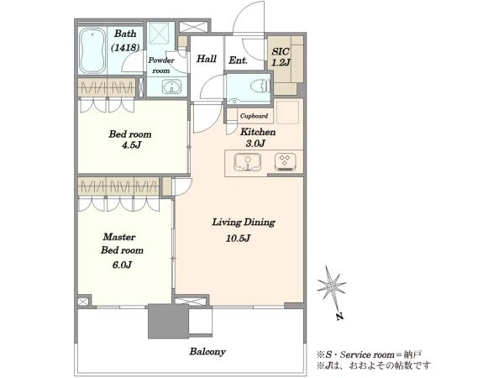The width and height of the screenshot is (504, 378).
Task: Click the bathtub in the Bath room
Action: pyautogui.click(x=92, y=50)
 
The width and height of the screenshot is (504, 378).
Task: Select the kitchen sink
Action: pyautogui.click(x=247, y=161)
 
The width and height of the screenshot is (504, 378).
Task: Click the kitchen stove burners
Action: pyautogui.click(x=285, y=161)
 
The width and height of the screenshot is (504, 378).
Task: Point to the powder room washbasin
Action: pyautogui.click(x=171, y=87)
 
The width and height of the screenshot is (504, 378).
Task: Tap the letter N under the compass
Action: pyautogui.click(x=339, y=317)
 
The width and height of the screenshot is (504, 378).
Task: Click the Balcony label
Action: pyautogui.click(x=207, y=352)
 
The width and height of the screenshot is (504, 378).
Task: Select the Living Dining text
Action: pyautogui.click(x=244, y=223)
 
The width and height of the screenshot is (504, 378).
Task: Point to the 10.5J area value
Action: pyautogui.click(x=238, y=239)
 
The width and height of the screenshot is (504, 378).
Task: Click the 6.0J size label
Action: pyautogui.click(x=123, y=265)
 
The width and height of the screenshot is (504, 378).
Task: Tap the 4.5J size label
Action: pyautogui.click(x=132, y=145)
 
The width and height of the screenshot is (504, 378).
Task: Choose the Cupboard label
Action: pyautogui.click(x=254, y=116)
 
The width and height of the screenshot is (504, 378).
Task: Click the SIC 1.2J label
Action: pyautogui.click(x=281, y=57)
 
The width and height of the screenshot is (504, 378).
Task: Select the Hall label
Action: pyautogui.click(x=207, y=59)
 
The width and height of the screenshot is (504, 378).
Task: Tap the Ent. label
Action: pyautogui.click(x=238, y=60)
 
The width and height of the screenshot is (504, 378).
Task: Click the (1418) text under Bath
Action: pyautogui.click(x=125, y=48)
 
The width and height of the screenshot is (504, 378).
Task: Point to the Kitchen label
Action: pyautogui.click(x=258, y=132)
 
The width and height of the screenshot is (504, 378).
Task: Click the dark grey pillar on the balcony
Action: pyautogui.click(x=168, y=321)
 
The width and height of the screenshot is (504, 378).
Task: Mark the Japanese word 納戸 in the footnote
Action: pyautogui.click(x=412, y=354)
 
